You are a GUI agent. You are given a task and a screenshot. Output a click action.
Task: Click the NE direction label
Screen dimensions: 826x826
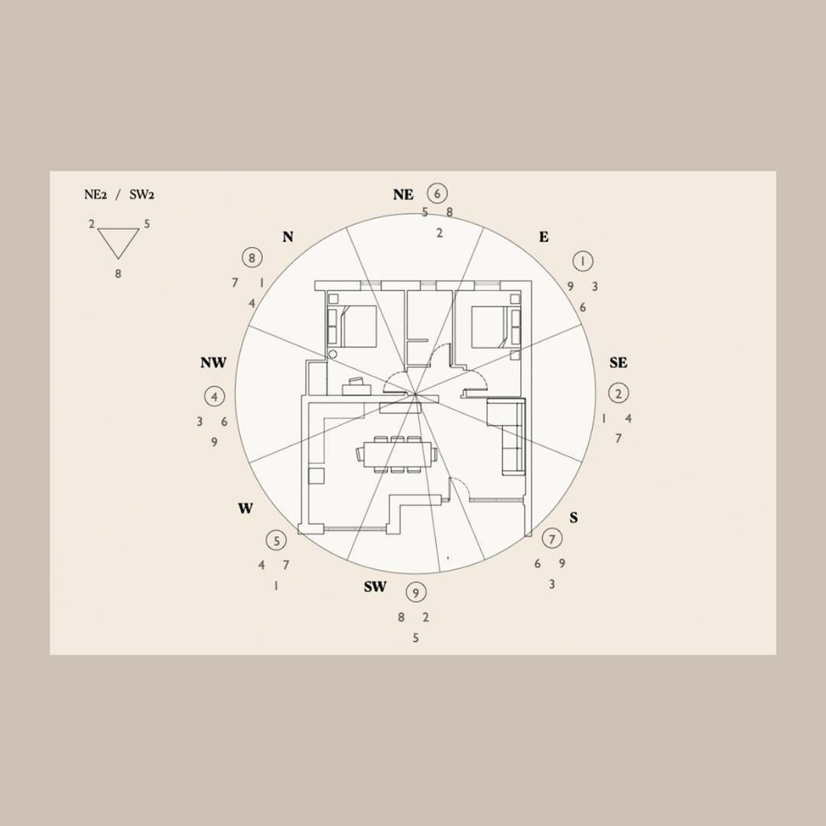(x=403, y=195)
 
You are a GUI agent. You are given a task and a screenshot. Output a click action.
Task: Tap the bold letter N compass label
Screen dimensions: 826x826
(x=288, y=237)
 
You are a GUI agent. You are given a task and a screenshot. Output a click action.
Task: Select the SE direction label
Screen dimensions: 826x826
(x=618, y=363)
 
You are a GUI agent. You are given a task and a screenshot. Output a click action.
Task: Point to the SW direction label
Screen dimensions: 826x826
(x=375, y=587)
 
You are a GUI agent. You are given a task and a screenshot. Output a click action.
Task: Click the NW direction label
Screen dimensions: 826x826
(x=213, y=363)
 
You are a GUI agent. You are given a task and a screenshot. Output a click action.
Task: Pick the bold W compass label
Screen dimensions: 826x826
(x=245, y=509)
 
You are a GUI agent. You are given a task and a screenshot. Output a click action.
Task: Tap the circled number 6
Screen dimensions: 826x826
(x=437, y=193)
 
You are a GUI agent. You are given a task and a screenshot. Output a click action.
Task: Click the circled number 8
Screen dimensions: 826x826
(x=251, y=257)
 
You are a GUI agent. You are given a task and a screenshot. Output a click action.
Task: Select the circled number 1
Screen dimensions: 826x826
(x=583, y=261)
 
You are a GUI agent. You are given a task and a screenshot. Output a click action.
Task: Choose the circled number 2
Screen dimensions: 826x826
(x=618, y=393)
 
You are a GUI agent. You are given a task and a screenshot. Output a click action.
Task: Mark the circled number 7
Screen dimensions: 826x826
(x=551, y=538)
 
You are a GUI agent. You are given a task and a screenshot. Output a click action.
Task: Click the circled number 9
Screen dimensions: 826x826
(x=415, y=592)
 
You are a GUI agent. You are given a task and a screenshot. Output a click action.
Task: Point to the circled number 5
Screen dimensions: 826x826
(x=275, y=540)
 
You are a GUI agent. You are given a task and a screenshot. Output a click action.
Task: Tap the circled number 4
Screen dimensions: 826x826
(x=215, y=396)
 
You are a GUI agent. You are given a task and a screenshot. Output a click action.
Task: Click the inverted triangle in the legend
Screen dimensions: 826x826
(x=119, y=242)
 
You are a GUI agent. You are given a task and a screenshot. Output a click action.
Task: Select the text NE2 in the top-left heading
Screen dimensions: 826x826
(x=95, y=195)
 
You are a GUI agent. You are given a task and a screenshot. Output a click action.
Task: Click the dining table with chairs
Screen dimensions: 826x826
(x=397, y=454)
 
